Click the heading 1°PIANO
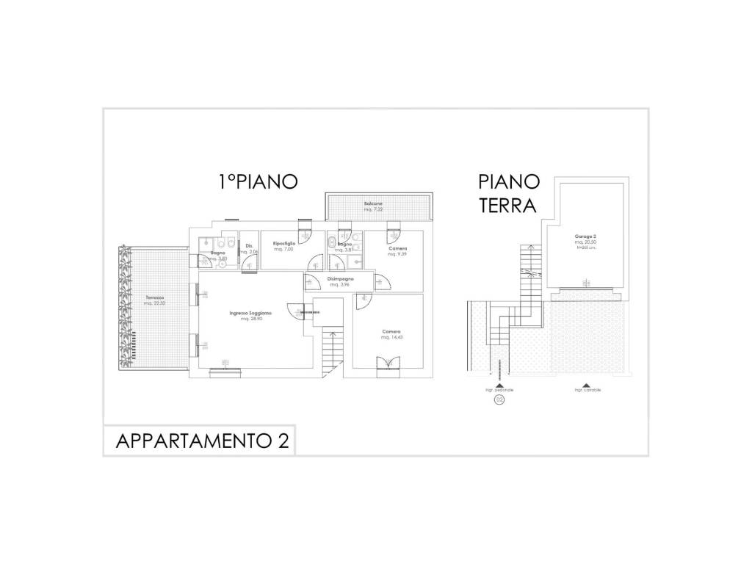[257, 182]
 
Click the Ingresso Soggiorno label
[250, 314]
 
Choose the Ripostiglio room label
[284, 243]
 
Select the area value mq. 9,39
[397, 255]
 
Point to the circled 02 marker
[499, 399]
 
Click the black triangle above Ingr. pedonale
[499, 384]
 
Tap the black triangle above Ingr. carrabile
[586, 384]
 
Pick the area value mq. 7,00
[283, 250]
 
